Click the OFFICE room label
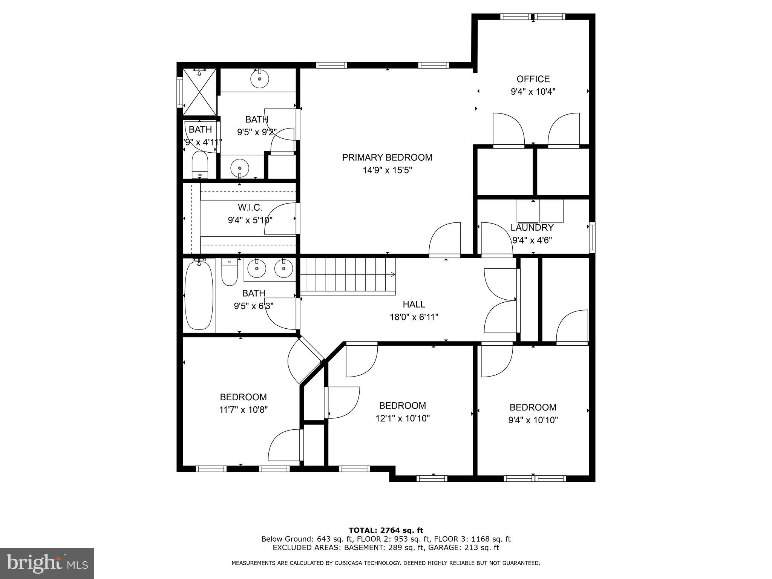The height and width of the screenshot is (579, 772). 533,79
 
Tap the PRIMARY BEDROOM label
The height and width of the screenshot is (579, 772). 387,158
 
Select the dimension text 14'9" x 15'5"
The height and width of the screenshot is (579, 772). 387,170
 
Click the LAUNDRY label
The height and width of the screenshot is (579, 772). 532,228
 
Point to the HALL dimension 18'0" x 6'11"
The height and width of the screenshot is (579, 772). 414,317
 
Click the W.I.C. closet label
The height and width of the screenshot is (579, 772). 250,207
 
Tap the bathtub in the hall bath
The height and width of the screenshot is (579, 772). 199,296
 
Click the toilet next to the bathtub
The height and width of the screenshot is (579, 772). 229,272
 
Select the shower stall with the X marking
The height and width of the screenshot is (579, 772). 200,92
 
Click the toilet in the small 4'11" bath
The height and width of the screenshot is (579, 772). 200,165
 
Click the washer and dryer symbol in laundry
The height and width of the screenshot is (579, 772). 540,211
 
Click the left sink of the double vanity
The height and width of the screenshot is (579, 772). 257,269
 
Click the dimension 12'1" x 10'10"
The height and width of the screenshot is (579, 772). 402,418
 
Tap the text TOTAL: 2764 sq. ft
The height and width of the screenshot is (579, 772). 386,530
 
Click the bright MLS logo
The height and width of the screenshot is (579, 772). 47,563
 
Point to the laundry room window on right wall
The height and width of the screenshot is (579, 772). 592,237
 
